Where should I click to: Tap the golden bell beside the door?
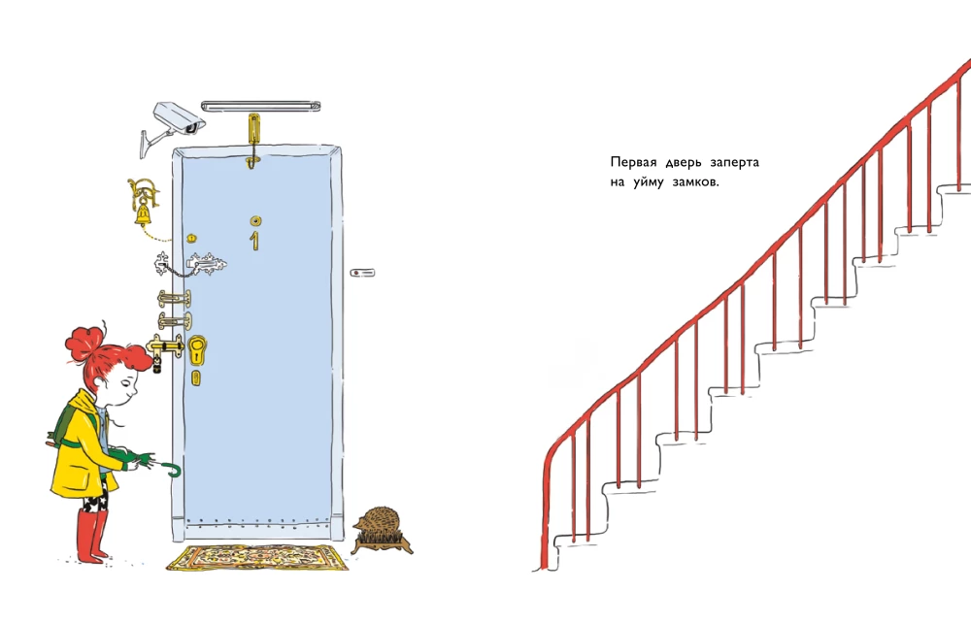pyautogui.click(x=143, y=214)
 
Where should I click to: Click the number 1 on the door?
pyautogui.click(x=253, y=241)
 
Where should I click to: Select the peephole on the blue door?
pyautogui.click(x=255, y=220)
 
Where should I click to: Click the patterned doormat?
pyautogui.click(x=257, y=557)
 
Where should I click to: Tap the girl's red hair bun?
pyautogui.click(x=84, y=344)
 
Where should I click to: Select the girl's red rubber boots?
pyautogui.click(x=91, y=536)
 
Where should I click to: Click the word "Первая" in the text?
pyautogui.click(x=633, y=162)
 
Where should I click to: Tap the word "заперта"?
pyautogui.click(x=734, y=162)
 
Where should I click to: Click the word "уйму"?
pyautogui.click(x=648, y=182)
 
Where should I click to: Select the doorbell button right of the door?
pyautogui.click(x=362, y=273)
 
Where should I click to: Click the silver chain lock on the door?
pyautogui.click(x=190, y=266)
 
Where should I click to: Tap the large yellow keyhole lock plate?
pyautogui.click(x=197, y=351)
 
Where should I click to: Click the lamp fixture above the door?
pyautogui.click(x=260, y=107)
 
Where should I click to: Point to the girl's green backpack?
pyautogui.click(x=68, y=427)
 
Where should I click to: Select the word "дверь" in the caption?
pyautogui.click(x=683, y=163)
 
